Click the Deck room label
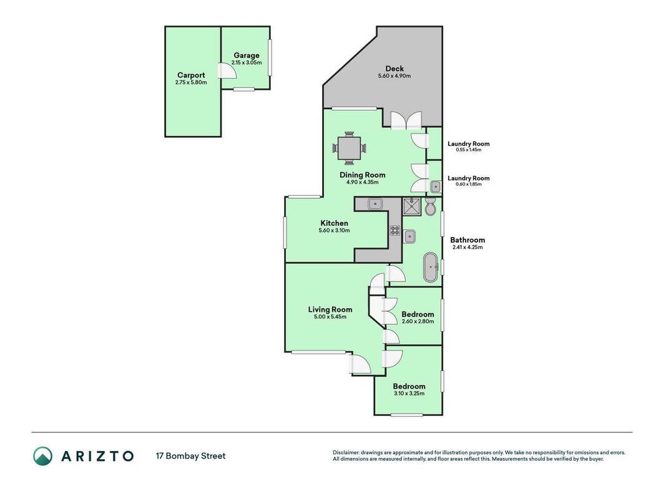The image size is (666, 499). pyautogui.click(x=394, y=69)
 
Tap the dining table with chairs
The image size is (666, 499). pyautogui.click(x=349, y=148)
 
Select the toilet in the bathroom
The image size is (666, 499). pyautogui.click(x=430, y=206)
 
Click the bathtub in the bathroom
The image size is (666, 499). pyautogui.click(x=431, y=268)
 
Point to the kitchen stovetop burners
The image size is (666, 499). pyautogui.click(x=395, y=230)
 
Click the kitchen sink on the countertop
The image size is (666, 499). pyautogui.click(x=375, y=204)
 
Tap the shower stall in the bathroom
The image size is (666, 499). pyautogui.click(x=411, y=206)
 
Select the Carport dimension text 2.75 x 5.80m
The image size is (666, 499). pyautogui.click(x=191, y=82)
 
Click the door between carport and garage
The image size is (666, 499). pyautogui.click(x=227, y=71)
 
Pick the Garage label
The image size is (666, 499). pyautogui.click(x=247, y=55)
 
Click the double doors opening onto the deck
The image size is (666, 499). pyautogui.click(x=406, y=120)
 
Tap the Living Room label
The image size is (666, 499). pyautogui.click(x=330, y=309)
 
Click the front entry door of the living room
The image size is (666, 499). pyautogui.click(x=360, y=364)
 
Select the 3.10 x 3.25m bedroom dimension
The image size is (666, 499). pyautogui.click(x=409, y=394)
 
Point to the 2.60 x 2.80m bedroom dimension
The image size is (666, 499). pyautogui.click(x=418, y=321)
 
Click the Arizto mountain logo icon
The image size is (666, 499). pyautogui.click(x=43, y=456)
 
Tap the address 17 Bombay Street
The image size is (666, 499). pyautogui.click(x=191, y=456)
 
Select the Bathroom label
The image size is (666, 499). pyautogui.click(x=468, y=240)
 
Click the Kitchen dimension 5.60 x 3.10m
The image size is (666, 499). pyautogui.click(x=335, y=230)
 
